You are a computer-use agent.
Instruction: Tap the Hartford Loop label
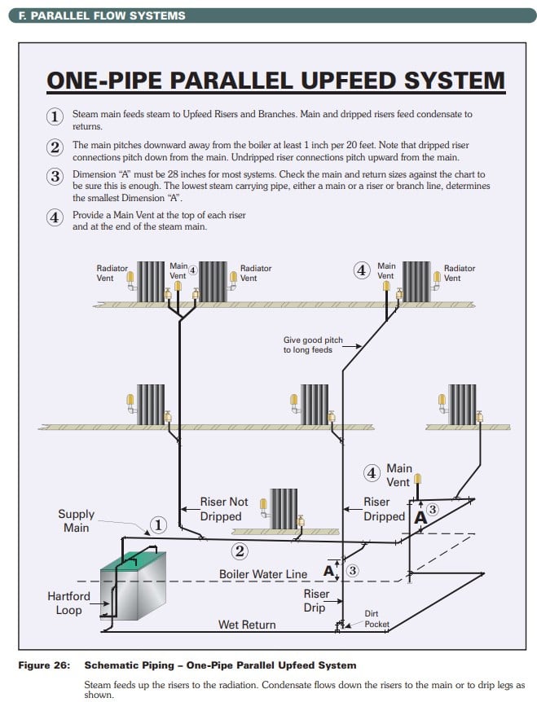[x=68, y=603]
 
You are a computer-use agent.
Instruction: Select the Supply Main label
[x=76, y=521]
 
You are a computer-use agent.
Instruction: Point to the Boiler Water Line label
[x=263, y=574]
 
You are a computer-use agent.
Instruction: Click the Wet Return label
[x=247, y=625]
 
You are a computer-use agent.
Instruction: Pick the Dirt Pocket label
[x=377, y=619]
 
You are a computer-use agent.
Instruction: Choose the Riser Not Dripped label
[x=224, y=509]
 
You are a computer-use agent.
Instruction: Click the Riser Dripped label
[x=384, y=509]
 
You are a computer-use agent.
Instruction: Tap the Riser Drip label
[x=317, y=600]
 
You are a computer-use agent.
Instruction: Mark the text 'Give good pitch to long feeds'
[x=313, y=344]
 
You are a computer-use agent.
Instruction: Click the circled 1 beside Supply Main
[x=158, y=524]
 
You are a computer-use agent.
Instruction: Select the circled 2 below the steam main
[x=240, y=551]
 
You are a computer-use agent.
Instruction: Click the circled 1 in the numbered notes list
[x=55, y=116]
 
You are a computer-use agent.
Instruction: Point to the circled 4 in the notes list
[x=55, y=218]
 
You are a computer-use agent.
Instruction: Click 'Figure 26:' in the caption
[x=46, y=665]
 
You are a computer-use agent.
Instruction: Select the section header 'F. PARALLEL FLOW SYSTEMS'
[x=102, y=15]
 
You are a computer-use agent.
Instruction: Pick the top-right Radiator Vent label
[x=460, y=273]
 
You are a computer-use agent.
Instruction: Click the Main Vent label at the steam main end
[x=398, y=475]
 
